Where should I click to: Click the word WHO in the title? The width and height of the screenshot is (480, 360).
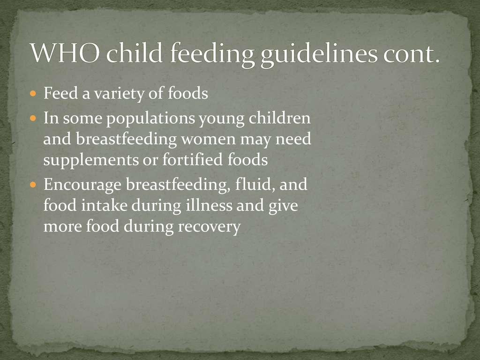point(65,52)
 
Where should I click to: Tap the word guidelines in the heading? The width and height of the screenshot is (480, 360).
point(319,54)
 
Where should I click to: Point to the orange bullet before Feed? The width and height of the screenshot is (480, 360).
point(33,93)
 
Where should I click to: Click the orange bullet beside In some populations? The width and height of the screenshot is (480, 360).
point(33,118)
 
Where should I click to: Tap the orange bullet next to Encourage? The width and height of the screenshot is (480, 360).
point(33,185)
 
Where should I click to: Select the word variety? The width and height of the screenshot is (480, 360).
point(119,94)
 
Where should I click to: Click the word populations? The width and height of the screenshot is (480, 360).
point(150,119)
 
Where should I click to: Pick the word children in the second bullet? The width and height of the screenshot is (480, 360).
point(279,118)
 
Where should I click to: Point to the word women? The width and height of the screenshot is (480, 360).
point(208,140)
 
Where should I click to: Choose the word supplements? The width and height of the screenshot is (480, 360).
point(91,160)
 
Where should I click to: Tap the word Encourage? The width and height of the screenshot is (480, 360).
point(82,185)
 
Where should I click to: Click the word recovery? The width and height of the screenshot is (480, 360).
point(210,227)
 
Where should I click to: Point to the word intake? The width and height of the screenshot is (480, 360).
point(105,205)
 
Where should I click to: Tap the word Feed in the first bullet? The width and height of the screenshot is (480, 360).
point(60,93)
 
